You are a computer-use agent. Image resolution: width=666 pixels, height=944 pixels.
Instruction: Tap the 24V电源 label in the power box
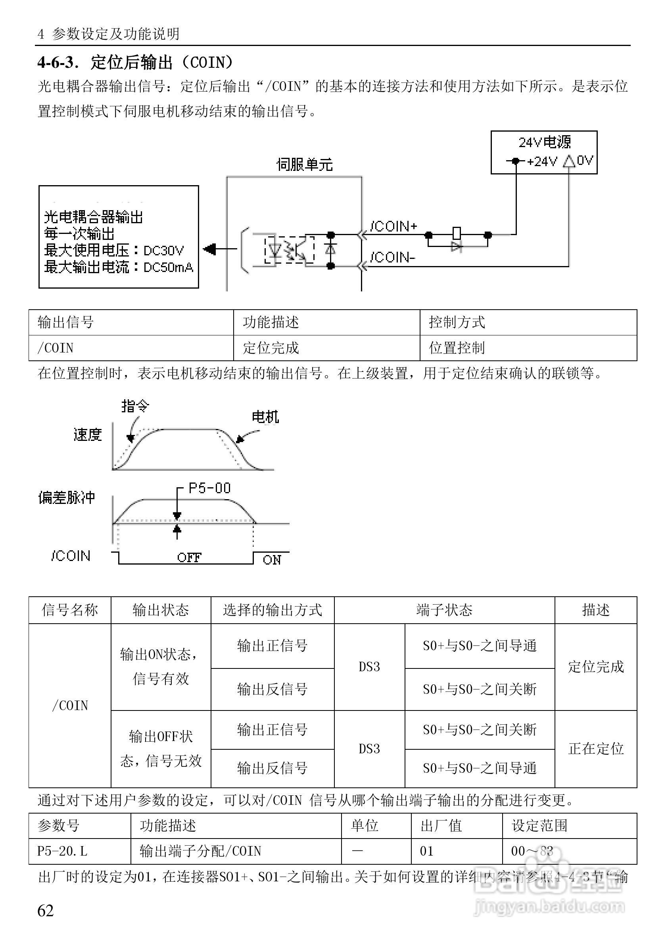coord(544,143)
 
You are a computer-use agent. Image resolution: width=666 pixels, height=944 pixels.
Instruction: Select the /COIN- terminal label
coord(392,257)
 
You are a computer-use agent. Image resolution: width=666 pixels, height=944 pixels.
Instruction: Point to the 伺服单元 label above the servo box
coord(304,165)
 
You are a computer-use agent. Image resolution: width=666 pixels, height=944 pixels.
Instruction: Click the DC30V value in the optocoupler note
coord(164,251)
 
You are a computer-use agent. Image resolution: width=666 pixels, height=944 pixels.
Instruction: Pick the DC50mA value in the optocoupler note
coord(168,268)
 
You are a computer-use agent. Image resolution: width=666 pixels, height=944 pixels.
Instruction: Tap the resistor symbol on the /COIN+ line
coord(456,233)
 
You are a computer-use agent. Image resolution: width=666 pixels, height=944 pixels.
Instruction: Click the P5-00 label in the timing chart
coord(209,488)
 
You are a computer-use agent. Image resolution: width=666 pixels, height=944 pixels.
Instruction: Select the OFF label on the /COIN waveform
coord(189,557)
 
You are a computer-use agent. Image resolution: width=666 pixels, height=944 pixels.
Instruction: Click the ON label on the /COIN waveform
coord(272,559)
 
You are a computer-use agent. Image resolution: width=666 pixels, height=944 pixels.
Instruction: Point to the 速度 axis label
coord(88,435)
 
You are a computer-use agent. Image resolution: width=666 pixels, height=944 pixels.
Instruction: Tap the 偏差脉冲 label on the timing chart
coord(67,498)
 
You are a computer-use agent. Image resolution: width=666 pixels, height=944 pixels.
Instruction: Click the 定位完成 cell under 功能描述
coord(271,348)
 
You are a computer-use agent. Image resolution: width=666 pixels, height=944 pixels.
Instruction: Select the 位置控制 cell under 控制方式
coord(457,348)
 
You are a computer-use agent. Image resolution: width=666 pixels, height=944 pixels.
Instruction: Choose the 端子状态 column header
coord(444,610)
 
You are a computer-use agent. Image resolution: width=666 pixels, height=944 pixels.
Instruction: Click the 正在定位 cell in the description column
coord(596,749)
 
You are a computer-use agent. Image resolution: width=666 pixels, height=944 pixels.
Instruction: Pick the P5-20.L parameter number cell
coord(63,851)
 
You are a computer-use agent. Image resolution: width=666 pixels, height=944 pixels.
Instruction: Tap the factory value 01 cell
coord(426,851)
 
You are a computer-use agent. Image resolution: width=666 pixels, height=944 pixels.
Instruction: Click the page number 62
coord(46,911)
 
